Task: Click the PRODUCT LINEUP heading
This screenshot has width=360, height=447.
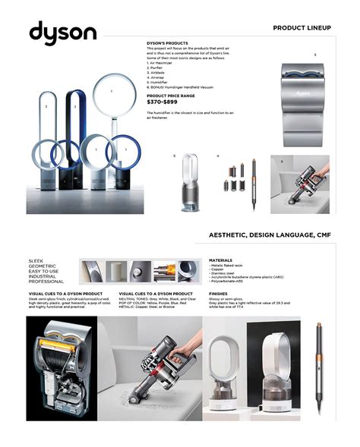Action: point(302,27)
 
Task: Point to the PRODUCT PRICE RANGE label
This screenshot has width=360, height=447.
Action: point(172,96)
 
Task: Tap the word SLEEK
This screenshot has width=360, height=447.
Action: point(36,260)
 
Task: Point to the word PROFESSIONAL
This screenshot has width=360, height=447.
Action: point(47,282)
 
